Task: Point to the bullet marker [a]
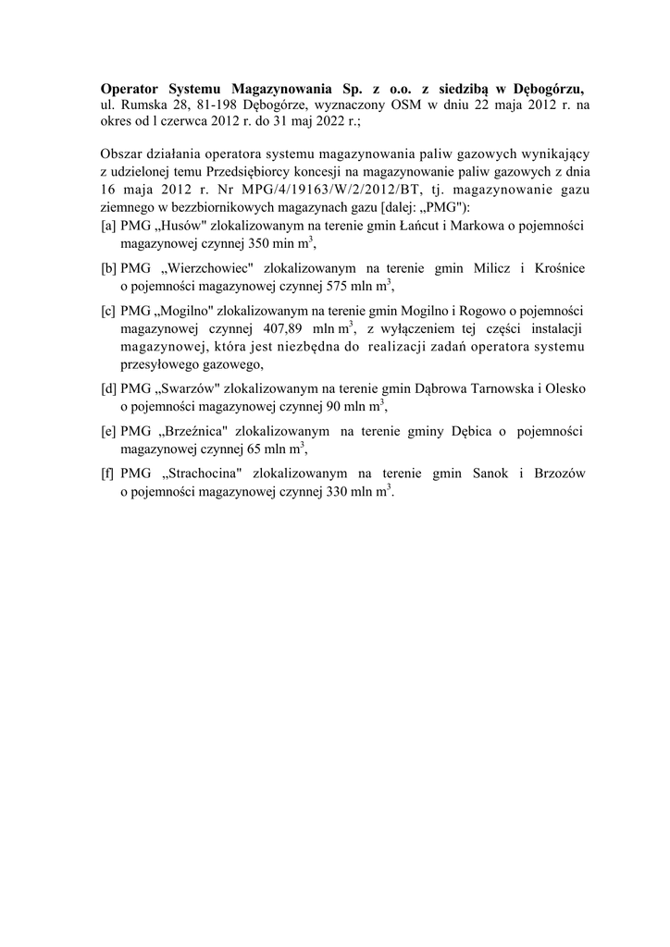(108, 227)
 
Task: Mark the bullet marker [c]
(108, 310)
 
